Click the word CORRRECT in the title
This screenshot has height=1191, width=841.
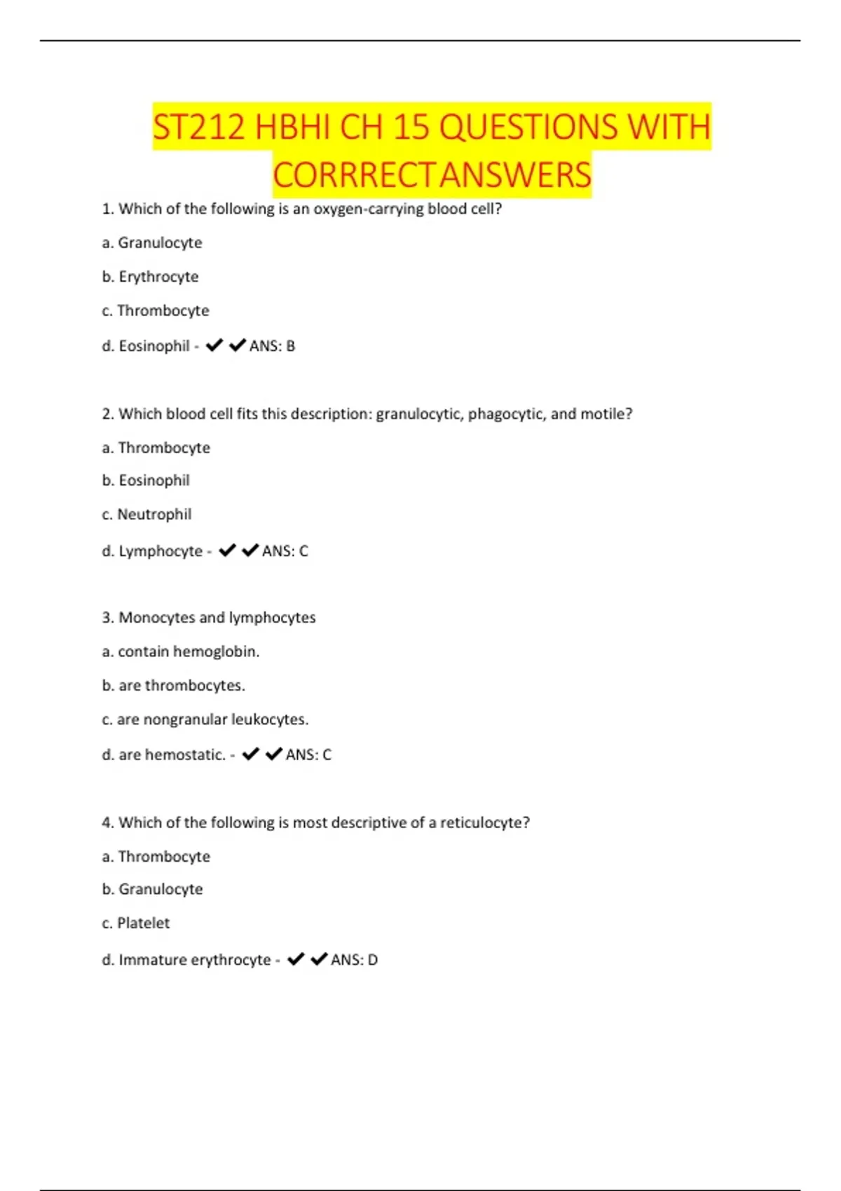pos(355,175)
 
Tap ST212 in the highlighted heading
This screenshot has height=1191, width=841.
pos(199,128)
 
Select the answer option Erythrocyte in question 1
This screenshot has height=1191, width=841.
pos(158,277)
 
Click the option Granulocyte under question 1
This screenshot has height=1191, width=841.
pos(160,243)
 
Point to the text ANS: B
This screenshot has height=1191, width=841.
pos(272,346)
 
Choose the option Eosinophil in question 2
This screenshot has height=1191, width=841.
pos(154,481)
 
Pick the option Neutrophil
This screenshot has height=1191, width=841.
pos(154,514)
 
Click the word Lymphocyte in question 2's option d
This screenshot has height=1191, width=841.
pos(160,551)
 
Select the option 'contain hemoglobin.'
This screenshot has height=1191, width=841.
pos(189,652)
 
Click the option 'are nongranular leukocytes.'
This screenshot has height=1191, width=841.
pos(213,720)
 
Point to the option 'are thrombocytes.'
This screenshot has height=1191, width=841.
pos(182,685)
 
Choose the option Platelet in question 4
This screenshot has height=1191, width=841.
pos(143,923)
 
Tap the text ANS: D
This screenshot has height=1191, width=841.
pos(354,960)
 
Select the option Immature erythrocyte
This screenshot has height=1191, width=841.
pos(195,960)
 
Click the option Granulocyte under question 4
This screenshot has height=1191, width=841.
pos(160,889)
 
